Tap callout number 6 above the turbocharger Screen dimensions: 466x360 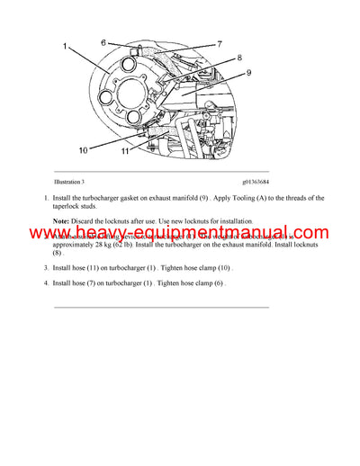coord(103,42)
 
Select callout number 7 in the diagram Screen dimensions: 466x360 coord(219,43)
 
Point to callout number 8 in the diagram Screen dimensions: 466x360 coord(238,58)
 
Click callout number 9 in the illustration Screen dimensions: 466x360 coord(249,73)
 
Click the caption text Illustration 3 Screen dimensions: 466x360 coord(73,184)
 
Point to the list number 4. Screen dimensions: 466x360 coord(45,284)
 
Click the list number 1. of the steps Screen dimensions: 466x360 coord(45,198)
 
